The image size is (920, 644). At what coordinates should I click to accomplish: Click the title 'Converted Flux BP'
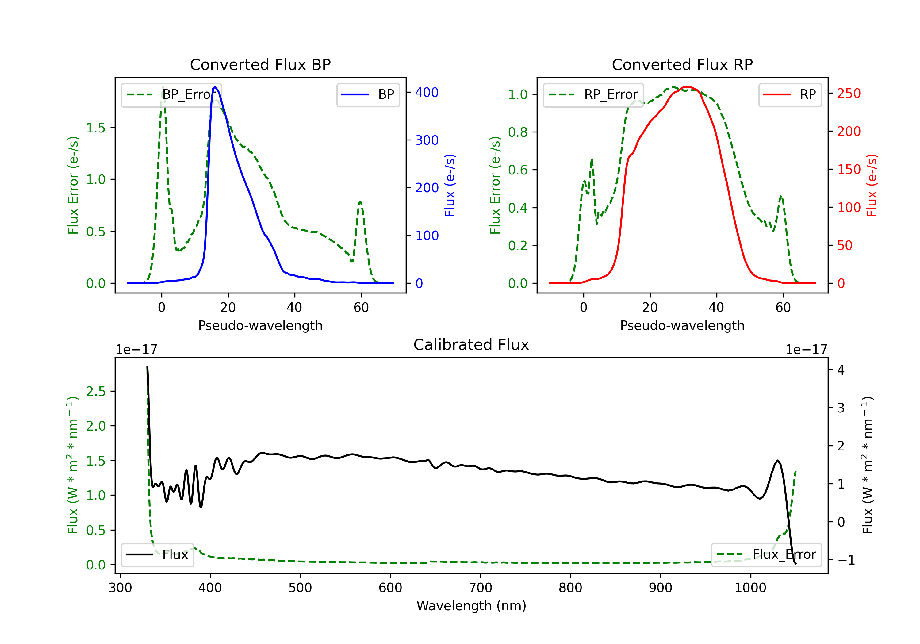[260, 64]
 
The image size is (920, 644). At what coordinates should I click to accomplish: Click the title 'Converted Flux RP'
[682, 64]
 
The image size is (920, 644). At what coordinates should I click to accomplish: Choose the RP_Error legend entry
[593, 94]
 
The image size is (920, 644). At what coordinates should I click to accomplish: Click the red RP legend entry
[790, 94]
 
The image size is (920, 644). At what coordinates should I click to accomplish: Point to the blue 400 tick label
[427, 93]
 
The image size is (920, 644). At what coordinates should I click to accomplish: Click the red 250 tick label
[849, 93]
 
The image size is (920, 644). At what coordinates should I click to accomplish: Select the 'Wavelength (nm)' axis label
[471, 606]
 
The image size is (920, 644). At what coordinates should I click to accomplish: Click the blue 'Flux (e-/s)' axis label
[450, 185]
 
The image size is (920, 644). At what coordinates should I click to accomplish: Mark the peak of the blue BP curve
[215, 87]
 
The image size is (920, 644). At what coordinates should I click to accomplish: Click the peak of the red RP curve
[688, 87]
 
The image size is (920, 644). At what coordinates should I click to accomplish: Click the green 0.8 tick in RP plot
[517, 132]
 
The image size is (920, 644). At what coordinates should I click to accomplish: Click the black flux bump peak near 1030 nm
[777, 461]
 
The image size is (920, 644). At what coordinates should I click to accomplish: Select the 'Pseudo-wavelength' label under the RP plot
[682, 325]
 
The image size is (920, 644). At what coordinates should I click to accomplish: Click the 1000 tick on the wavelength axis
[750, 588]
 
